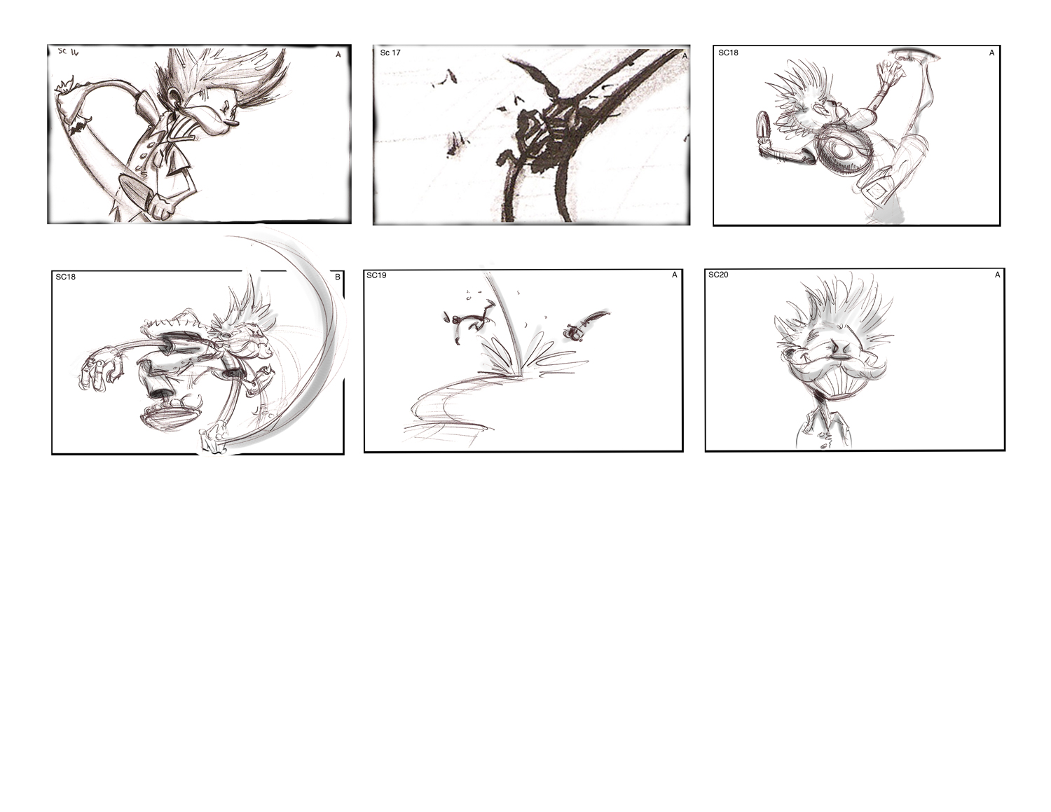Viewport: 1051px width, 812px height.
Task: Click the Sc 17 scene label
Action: [390, 53]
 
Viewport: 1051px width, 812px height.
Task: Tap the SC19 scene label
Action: [376, 275]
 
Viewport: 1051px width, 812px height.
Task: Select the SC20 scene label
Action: [718, 275]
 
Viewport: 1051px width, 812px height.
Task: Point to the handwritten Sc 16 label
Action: [68, 52]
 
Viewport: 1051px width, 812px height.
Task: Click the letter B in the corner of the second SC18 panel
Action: [338, 277]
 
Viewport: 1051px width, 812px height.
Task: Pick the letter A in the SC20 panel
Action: [997, 275]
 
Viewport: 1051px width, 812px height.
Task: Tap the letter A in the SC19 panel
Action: [675, 275]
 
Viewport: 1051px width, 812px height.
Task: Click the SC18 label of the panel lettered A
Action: [729, 53]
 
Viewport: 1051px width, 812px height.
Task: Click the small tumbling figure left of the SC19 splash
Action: [468, 324]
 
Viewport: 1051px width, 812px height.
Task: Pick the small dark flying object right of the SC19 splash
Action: [575, 333]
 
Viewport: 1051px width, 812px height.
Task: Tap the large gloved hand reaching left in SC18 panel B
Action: [99, 371]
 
